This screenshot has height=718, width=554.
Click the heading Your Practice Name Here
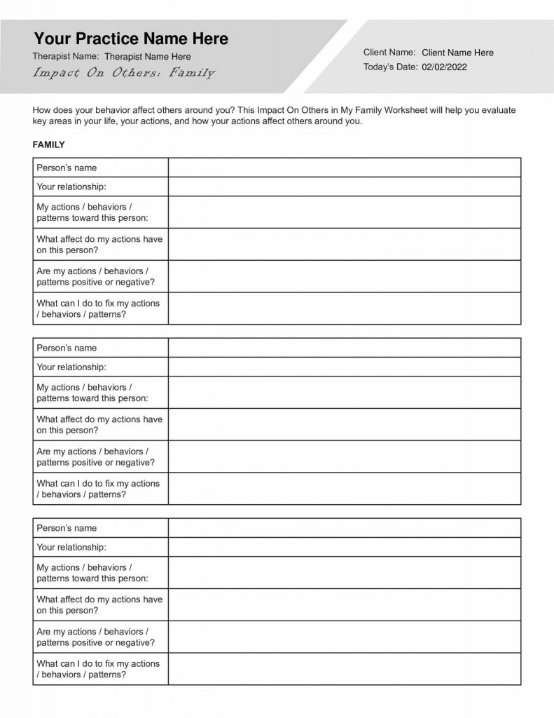[131, 39]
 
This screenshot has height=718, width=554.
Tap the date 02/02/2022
[444, 67]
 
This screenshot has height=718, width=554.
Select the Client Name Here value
[457, 53]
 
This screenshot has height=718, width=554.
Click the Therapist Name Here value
[147, 57]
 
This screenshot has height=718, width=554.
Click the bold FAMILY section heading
[49, 145]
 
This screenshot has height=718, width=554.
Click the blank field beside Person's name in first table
[344, 168]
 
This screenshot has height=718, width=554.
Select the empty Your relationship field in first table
[344, 187]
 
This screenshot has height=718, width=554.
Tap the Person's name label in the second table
[67, 348]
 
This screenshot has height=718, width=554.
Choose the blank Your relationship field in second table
[344, 367]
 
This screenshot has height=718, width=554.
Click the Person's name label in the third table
[67, 528]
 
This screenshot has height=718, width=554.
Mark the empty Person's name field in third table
[344, 528]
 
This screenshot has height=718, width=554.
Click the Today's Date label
[390, 67]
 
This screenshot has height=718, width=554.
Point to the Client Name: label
[389, 53]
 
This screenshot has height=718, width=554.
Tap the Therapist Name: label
[66, 57]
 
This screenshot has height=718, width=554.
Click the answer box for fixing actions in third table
[344, 669]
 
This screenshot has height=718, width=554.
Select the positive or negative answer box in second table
[344, 456]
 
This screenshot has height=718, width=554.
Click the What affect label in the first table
[99, 245]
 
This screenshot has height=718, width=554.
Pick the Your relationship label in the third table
[71, 547]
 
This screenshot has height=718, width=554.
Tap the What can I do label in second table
[98, 489]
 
